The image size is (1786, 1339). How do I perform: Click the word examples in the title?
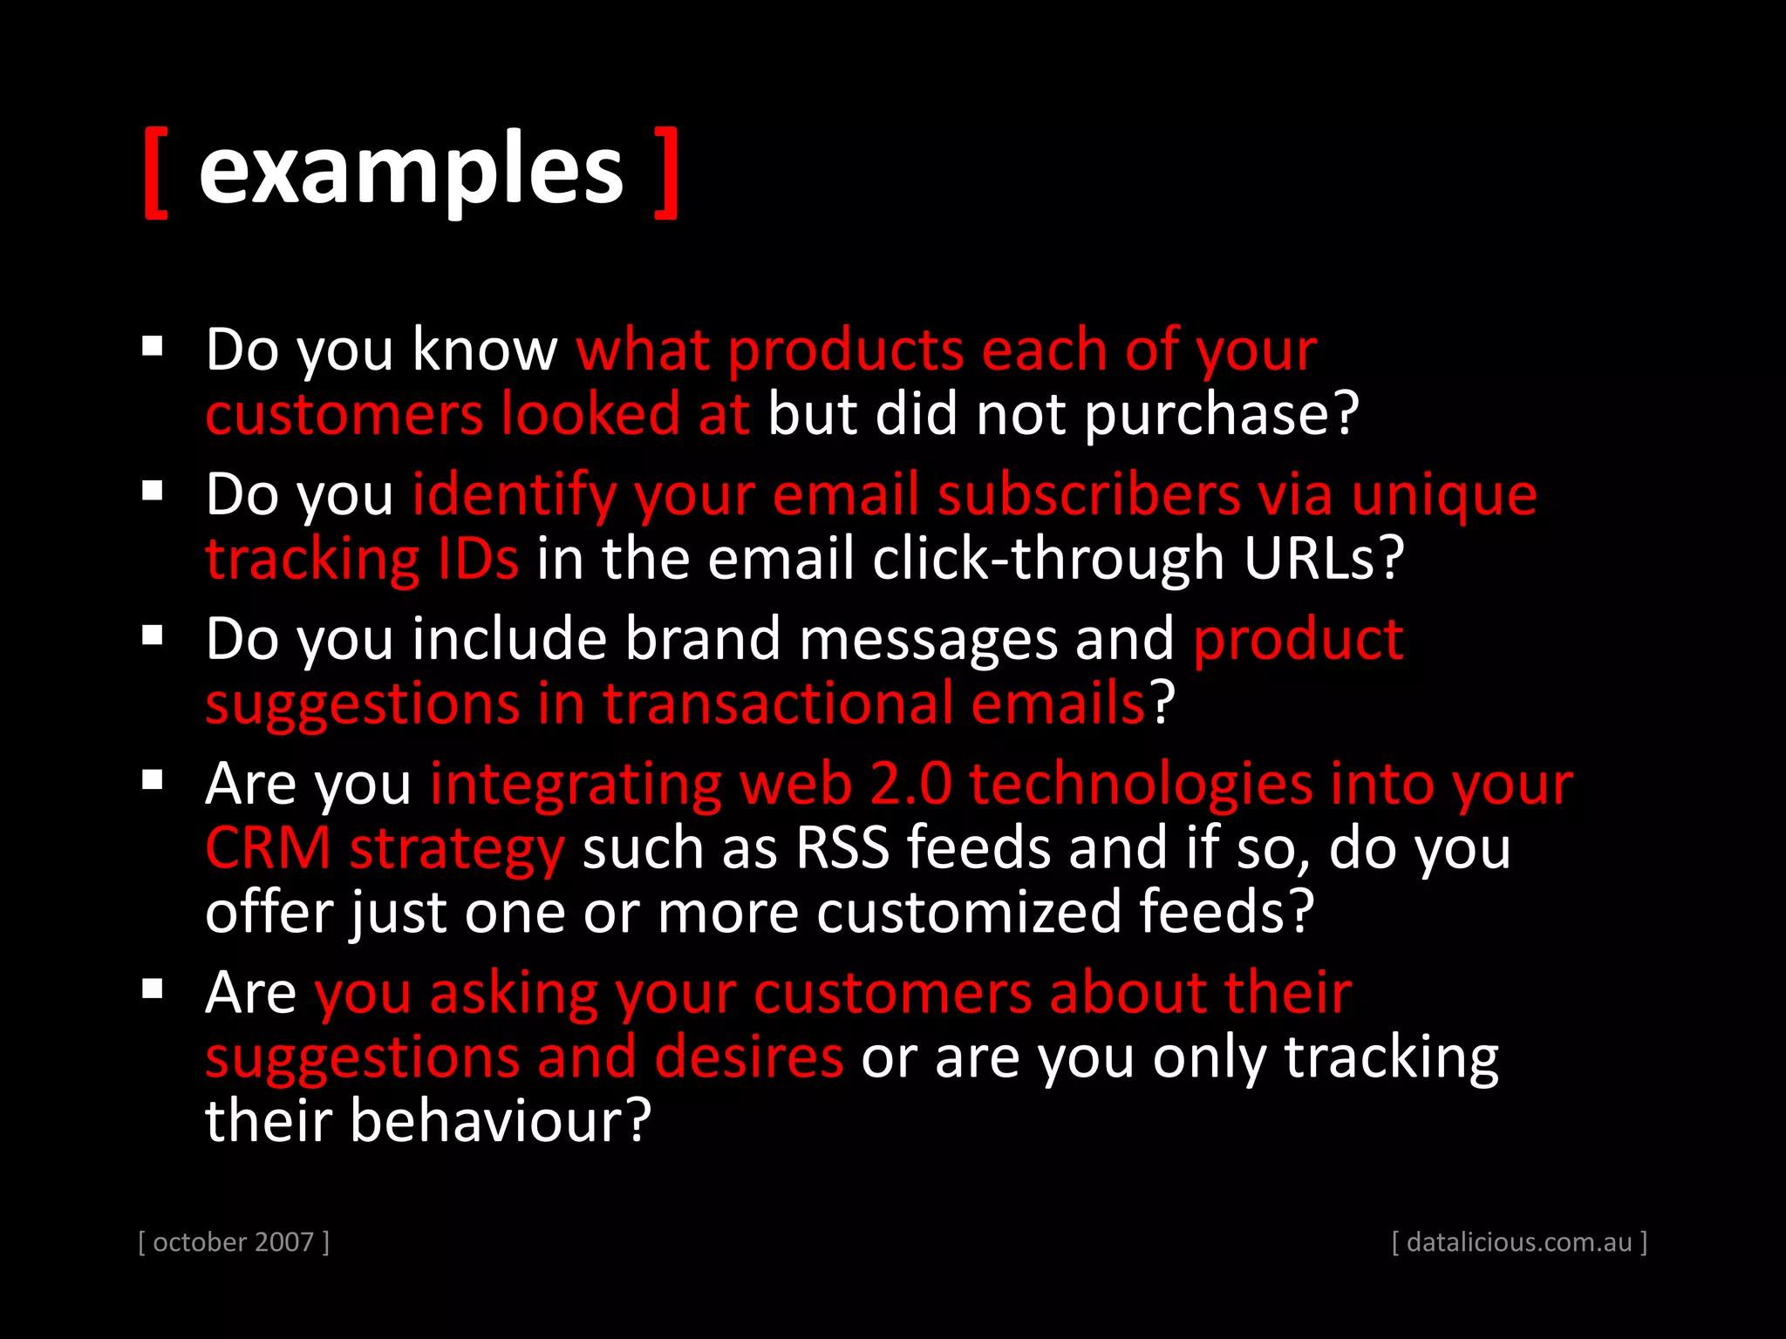[411, 170]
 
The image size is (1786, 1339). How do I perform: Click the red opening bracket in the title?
[155, 172]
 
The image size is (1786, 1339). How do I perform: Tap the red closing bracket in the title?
[666, 172]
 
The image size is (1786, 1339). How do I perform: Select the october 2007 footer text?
[234, 1241]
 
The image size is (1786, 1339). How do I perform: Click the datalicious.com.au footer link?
[1519, 1241]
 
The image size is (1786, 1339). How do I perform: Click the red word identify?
[514, 495]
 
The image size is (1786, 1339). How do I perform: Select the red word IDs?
[478, 558]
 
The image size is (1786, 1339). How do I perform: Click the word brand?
[702, 639]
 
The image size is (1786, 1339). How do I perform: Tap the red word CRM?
[268, 847]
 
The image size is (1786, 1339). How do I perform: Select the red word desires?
[748, 1057]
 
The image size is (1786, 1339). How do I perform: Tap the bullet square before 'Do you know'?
[153, 347]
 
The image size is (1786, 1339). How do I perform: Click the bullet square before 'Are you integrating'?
[153, 779]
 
